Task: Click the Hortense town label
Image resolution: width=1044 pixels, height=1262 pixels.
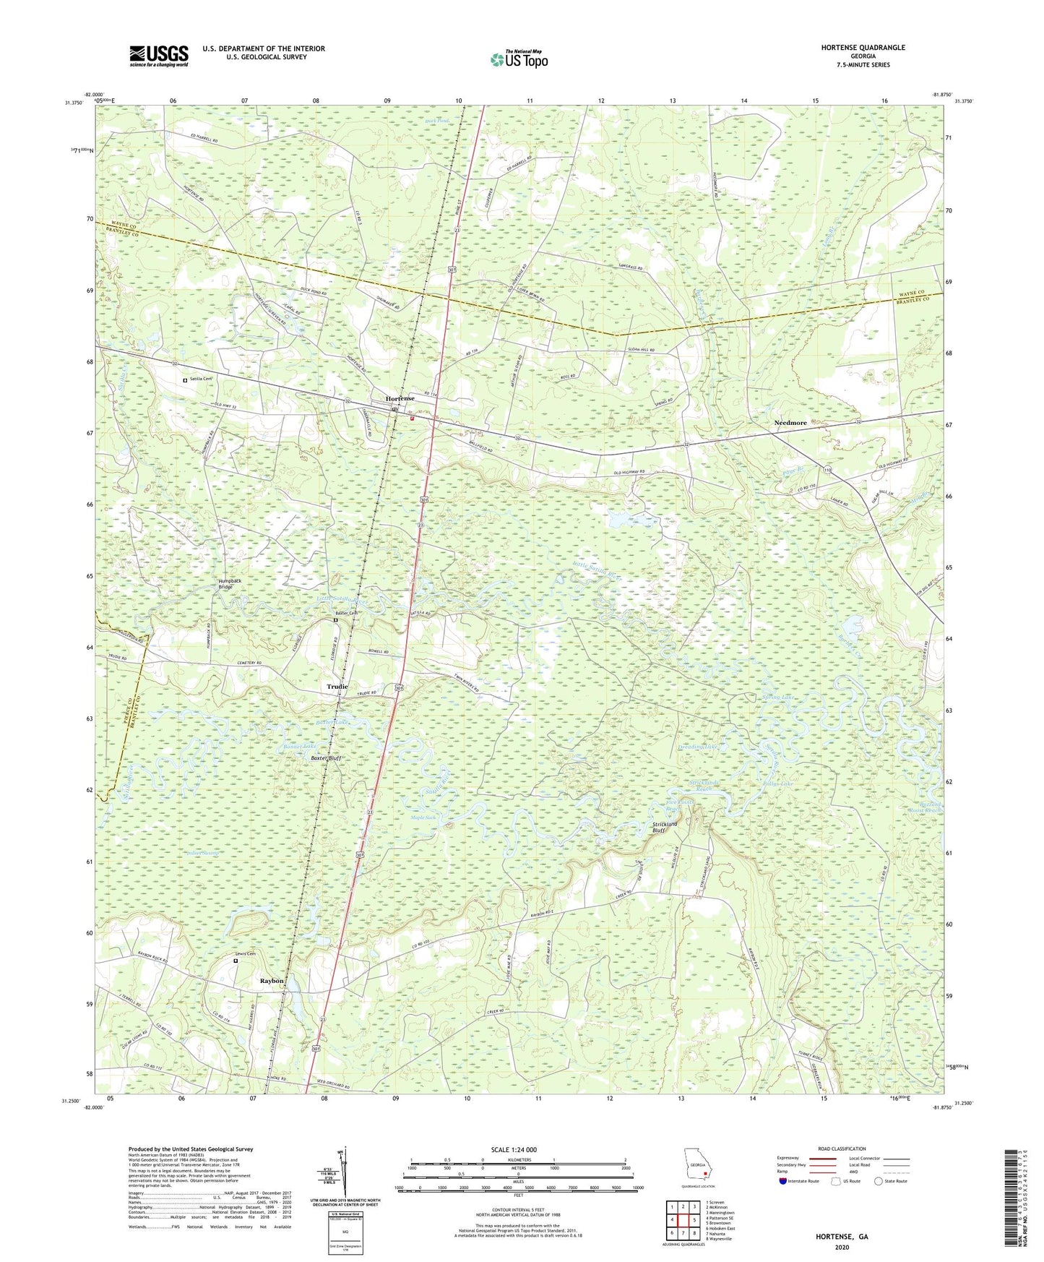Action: point(400,399)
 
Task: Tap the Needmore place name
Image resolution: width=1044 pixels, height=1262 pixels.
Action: point(790,423)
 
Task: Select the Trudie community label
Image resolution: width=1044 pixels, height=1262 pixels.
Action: point(337,687)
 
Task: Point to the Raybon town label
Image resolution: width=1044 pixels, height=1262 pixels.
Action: point(272,981)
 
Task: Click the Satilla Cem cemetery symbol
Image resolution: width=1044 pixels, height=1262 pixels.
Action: point(185,380)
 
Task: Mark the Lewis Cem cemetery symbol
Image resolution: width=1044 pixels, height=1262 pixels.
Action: point(236,961)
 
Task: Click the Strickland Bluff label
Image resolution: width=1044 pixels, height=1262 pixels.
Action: point(665,827)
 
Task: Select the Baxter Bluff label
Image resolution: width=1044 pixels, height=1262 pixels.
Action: point(326,758)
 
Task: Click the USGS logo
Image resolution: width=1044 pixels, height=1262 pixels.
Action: point(159,56)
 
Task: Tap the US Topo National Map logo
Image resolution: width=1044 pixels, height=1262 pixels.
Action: point(519,59)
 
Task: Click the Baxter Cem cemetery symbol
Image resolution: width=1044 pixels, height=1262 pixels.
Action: point(335,620)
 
